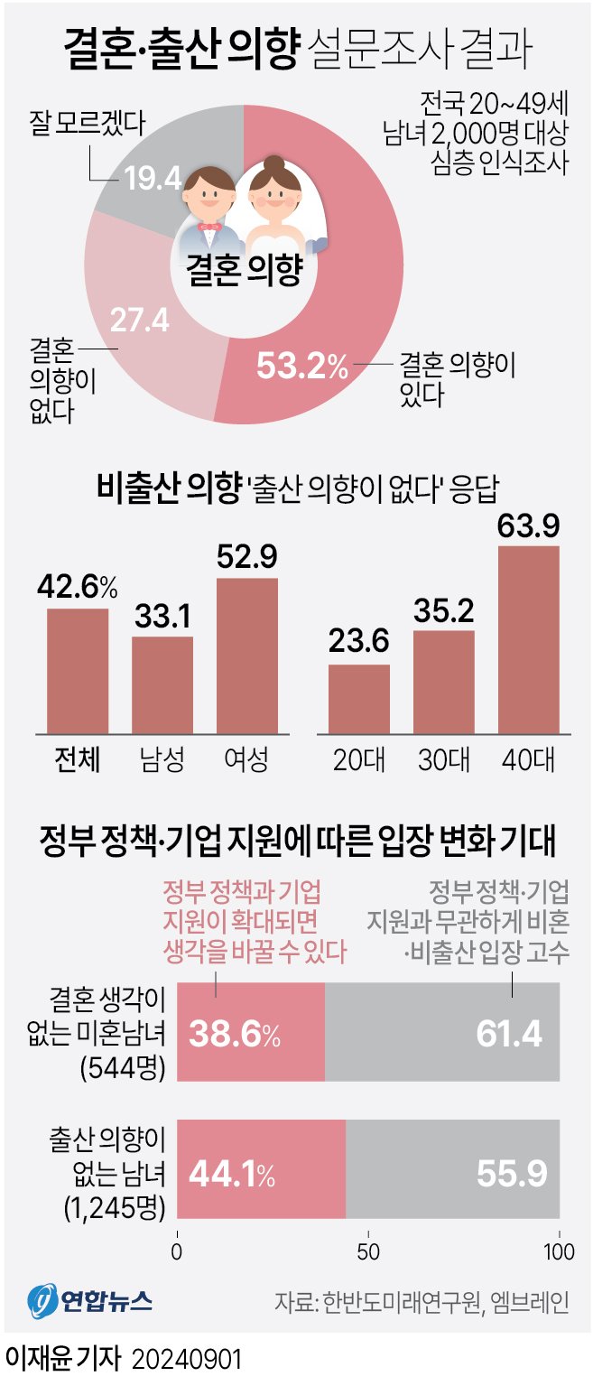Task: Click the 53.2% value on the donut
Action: (x=301, y=366)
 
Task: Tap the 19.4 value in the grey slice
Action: (x=153, y=179)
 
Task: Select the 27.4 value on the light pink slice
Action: (x=139, y=320)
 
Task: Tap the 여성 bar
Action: (x=246, y=654)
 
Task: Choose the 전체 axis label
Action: (x=77, y=759)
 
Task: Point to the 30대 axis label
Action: (x=443, y=759)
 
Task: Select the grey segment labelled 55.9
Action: (x=452, y=1173)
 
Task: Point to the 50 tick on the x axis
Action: (x=368, y=1252)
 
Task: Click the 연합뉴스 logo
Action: (x=89, y=1301)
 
